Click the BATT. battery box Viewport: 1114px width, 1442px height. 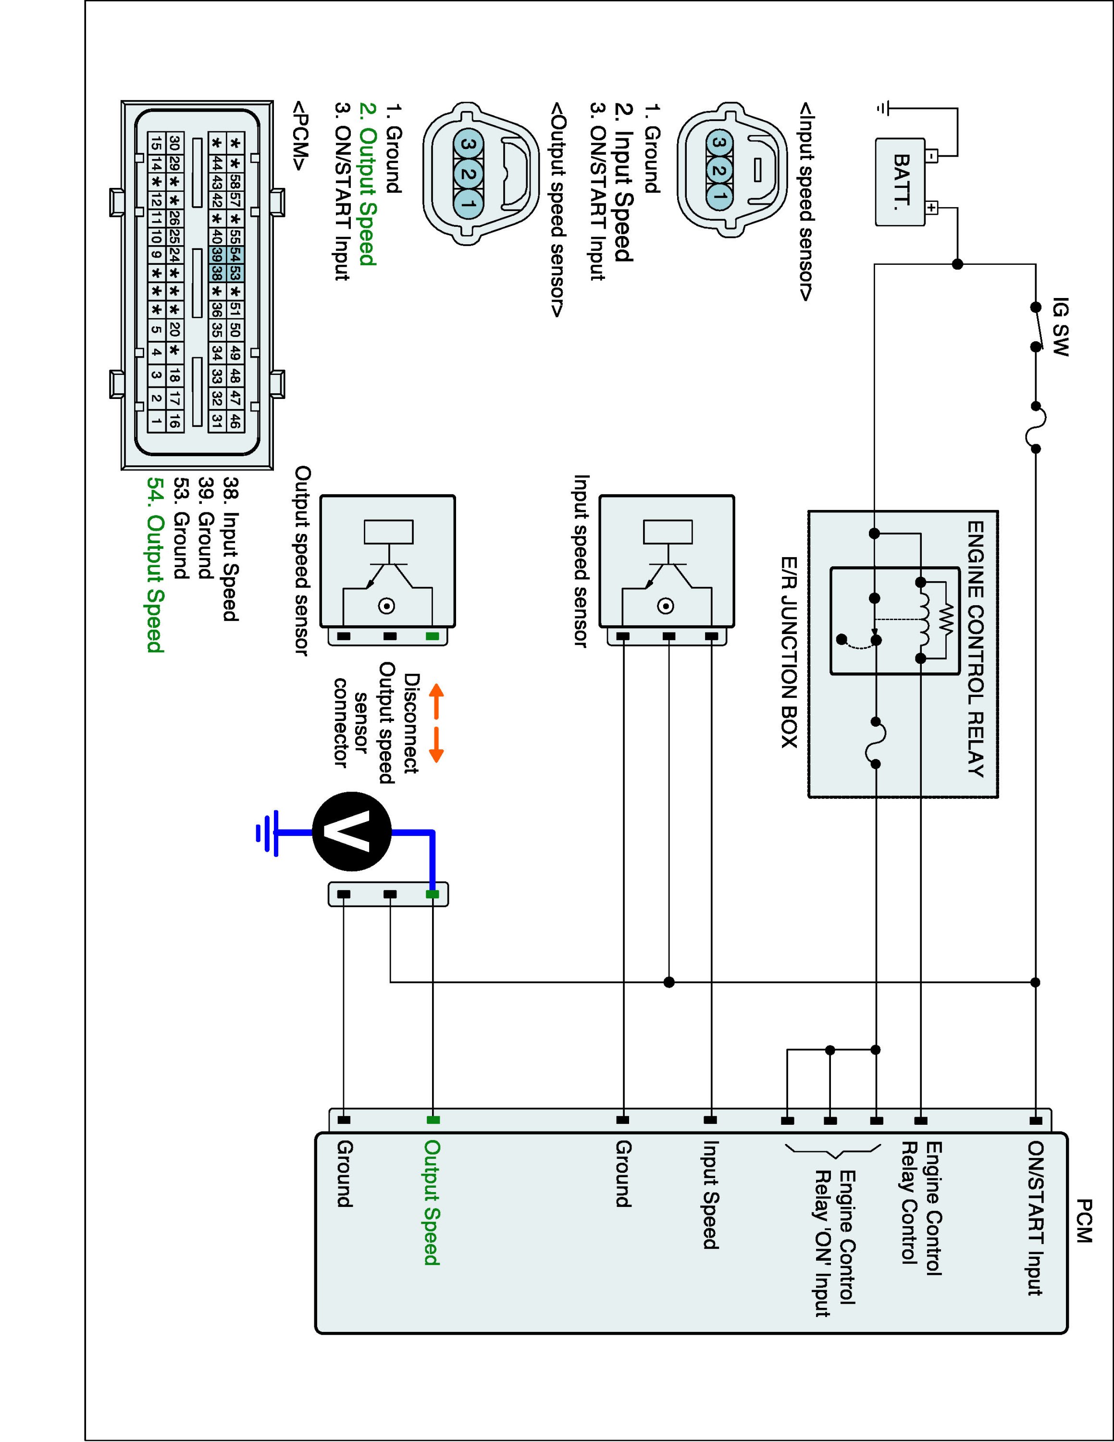900,182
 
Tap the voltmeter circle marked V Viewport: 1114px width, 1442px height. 352,831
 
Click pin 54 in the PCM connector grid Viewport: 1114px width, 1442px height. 235,254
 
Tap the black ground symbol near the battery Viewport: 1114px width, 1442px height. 883,108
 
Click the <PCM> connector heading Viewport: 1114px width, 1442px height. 300,136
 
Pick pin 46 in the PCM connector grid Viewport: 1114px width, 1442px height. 235,421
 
